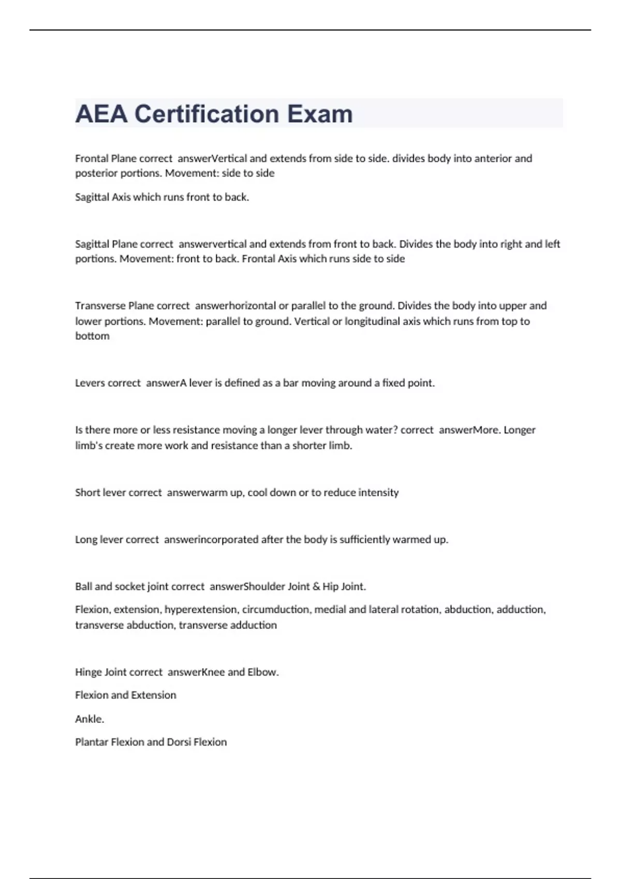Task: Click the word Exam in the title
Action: [320, 114]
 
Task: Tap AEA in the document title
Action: [101, 114]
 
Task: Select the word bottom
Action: [92, 336]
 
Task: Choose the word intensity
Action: [378, 492]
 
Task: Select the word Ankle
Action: [90, 719]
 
